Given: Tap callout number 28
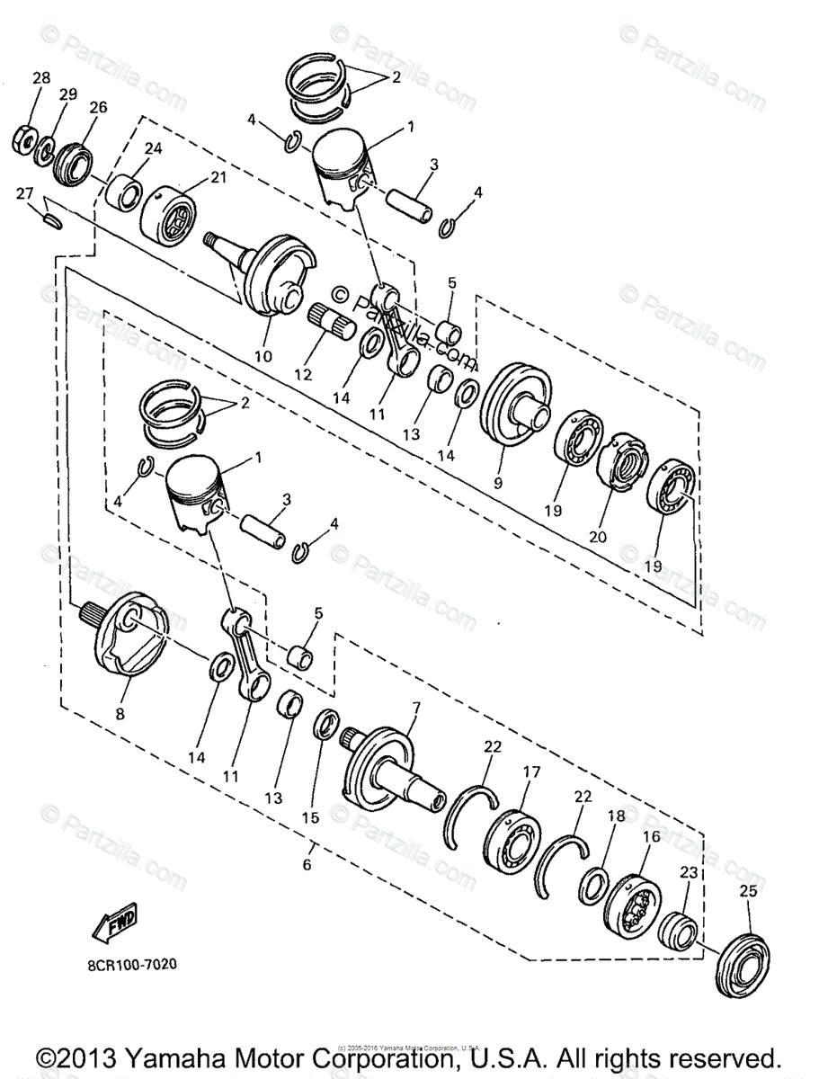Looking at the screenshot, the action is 41,78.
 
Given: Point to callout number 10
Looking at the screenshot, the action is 263,356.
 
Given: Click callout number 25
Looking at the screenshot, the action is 748,892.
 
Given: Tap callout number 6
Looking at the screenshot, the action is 307,865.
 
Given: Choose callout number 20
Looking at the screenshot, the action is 598,537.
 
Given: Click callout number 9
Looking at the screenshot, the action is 499,483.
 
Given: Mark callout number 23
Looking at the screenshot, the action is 689,871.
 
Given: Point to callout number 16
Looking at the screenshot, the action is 652,836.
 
